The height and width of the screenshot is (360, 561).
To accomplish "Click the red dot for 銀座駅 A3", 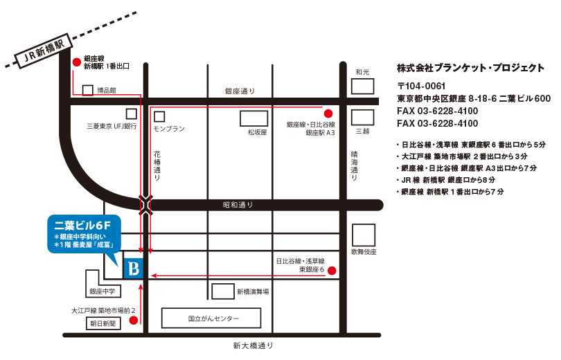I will coord(328,113).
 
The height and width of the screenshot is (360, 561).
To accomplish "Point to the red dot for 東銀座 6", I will coord(332,271).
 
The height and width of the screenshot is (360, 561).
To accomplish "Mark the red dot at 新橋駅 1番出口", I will coord(75,61).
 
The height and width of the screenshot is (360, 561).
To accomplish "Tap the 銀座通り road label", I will coord(240,91).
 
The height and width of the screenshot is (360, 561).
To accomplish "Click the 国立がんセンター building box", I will coord(211,318).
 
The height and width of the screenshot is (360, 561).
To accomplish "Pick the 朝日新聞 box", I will coord(103,323).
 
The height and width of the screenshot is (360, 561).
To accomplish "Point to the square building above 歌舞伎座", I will coord(363,235).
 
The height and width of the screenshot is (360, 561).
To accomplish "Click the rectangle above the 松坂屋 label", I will coord(253,118).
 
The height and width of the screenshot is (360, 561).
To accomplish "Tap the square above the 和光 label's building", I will coord(362,86).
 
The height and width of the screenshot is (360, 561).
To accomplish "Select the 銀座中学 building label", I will coord(102,291).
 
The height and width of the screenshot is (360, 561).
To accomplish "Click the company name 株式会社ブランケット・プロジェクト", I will coord(470,68).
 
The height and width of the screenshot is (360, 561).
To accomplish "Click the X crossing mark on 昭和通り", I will coord(146,205).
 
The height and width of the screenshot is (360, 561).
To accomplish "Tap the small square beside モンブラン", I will coord(159,116).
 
